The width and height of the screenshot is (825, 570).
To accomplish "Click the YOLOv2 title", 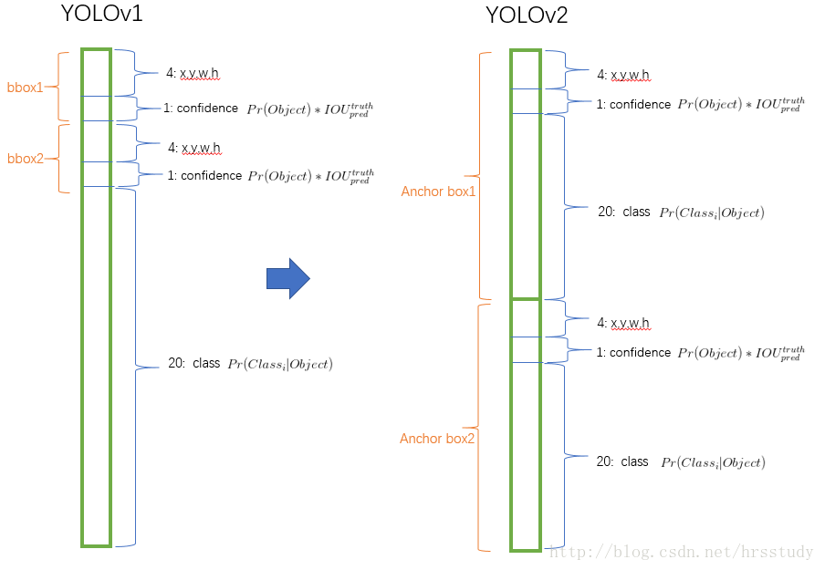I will point(526,16).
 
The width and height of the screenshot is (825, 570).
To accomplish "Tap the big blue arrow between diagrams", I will point(288,278).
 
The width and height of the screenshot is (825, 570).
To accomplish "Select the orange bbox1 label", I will point(26,87).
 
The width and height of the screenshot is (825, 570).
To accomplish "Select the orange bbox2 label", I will point(26,158).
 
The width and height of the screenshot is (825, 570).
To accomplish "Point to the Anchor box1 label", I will point(438,192).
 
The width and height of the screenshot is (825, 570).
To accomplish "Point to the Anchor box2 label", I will point(438,439).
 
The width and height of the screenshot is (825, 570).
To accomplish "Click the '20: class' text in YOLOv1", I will point(194,363).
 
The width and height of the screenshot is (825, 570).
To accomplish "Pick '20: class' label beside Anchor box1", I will point(623,212).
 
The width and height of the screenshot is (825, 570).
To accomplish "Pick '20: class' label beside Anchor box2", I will point(622,461).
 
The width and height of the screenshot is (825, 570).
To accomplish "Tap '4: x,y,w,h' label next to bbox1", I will point(193,74).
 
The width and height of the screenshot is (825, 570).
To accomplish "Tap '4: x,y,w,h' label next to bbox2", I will point(193,147).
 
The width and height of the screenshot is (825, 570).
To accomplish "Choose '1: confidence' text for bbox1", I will point(201,109).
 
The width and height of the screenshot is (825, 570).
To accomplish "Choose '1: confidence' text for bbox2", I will point(204,175).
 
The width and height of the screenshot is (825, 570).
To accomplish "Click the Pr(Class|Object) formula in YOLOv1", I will point(280,365).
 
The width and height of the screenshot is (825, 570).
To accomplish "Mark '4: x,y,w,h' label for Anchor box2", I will point(623,323).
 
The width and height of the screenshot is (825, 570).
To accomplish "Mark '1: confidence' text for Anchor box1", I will point(633,104).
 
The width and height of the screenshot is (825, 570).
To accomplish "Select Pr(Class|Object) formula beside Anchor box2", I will point(713,463).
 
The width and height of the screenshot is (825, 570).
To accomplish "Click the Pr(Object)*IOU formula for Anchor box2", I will point(741,354).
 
